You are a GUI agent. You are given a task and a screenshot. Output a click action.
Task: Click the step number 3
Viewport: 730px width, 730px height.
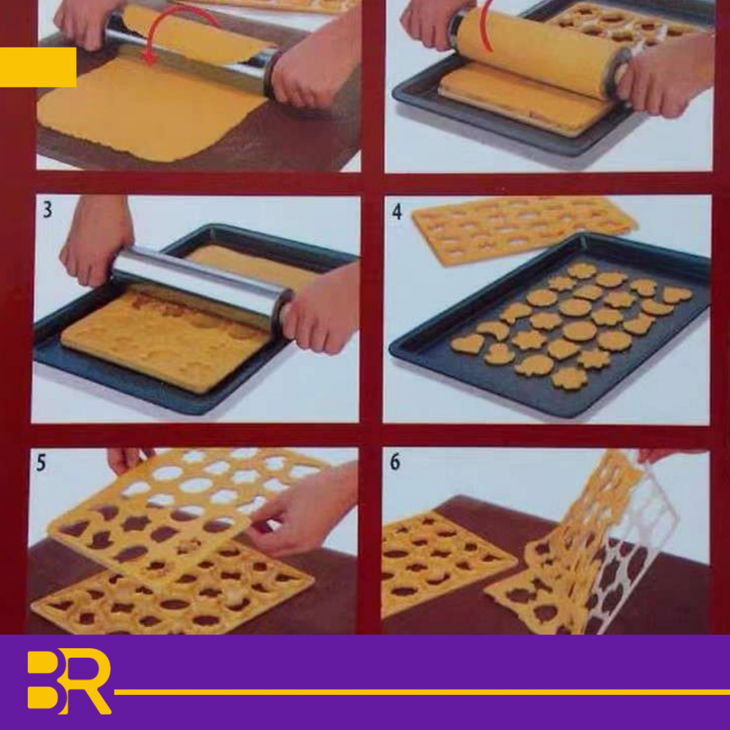[x=47, y=210]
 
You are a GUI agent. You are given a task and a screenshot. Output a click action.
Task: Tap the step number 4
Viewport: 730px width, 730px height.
[x=396, y=212]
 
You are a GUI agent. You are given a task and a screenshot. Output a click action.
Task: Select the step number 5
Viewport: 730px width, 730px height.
[x=41, y=463]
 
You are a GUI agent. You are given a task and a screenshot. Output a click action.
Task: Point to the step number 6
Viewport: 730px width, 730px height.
[x=395, y=462]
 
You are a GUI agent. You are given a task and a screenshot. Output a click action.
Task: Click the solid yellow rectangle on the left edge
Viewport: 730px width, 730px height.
[x=38, y=67]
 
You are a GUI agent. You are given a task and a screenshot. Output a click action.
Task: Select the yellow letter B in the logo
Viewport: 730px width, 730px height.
[x=45, y=679]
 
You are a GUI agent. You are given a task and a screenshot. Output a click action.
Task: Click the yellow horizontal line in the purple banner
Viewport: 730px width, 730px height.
[x=422, y=692]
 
